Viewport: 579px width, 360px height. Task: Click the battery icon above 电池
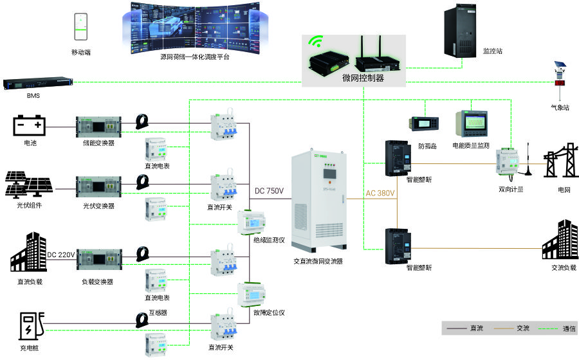coord(30,124)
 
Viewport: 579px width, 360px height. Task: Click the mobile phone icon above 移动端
coord(80,26)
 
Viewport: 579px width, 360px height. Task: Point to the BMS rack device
coord(37,83)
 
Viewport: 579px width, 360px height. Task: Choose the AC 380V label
coord(380,193)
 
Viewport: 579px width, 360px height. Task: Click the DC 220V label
coord(62,255)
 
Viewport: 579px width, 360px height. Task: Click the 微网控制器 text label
coord(363,78)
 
